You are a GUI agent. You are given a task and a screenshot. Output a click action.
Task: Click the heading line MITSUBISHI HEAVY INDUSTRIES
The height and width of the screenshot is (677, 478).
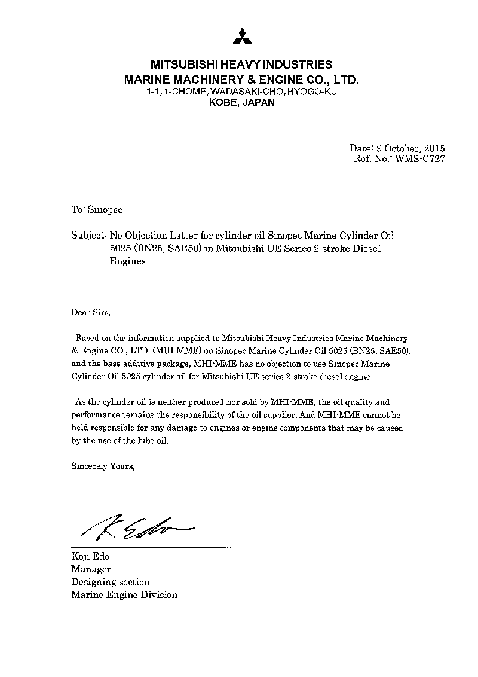pyautogui.click(x=241, y=65)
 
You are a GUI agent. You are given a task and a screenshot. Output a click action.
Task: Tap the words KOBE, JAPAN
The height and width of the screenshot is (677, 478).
pyautogui.click(x=241, y=102)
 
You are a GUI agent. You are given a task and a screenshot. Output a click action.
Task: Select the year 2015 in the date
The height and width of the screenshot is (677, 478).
pyautogui.click(x=434, y=148)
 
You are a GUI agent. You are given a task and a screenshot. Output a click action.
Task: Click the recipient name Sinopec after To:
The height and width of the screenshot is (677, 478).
pyautogui.click(x=105, y=210)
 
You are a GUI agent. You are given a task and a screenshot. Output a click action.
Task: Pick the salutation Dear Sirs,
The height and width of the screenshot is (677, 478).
pyautogui.click(x=91, y=312)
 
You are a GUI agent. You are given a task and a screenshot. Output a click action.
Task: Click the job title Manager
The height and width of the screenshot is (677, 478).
pyautogui.click(x=91, y=569)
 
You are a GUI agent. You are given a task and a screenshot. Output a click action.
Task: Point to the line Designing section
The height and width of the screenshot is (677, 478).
pyautogui.click(x=111, y=582)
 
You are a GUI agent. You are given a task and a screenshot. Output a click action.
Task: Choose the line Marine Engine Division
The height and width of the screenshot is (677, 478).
pyautogui.click(x=124, y=594)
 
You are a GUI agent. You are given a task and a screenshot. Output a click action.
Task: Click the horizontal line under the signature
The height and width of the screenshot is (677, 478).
pyautogui.click(x=160, y=547)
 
